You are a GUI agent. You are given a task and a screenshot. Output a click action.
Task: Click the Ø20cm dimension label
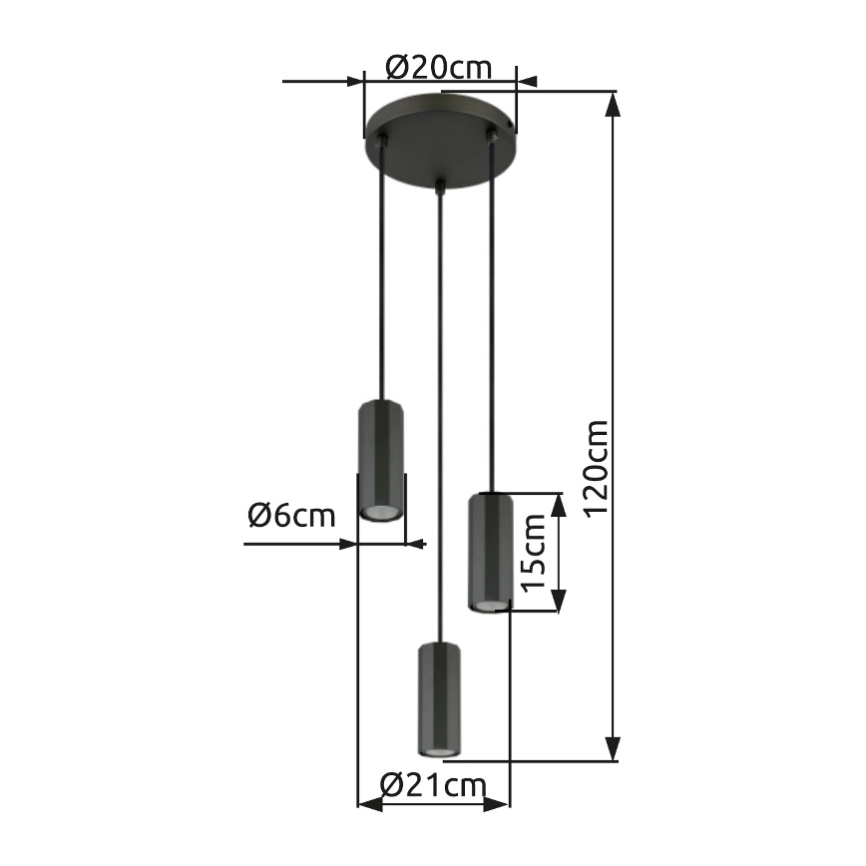point(439,68)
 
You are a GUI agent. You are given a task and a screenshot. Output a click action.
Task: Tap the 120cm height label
point(597,468)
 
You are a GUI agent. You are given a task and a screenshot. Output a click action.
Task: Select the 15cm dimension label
point(534,553)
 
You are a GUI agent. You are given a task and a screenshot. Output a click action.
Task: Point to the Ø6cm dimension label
point(291,515)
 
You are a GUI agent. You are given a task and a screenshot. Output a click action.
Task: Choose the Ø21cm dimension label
point(434,784)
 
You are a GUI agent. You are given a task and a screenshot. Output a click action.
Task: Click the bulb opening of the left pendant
point(380,512)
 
